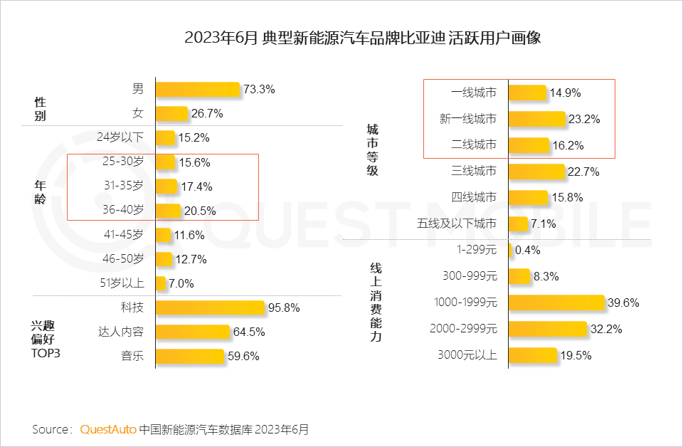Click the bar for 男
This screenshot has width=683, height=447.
coord(198,89)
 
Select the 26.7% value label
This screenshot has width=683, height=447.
coord(208,113)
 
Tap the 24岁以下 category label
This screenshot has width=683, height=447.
coord(120,137)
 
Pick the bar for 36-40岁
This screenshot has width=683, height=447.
coord(168,210)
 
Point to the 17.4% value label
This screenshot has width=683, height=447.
coord(196,186)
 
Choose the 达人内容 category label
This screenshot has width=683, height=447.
coord(120,332)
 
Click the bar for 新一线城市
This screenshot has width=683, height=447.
coord(537,119)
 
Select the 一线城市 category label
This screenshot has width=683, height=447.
coord(474,93)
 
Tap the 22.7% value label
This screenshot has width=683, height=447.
coord(584,172)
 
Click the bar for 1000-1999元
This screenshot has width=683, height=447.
coord(556,303)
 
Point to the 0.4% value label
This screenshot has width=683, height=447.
coord(527,250)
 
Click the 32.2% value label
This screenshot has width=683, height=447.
coord(605,329)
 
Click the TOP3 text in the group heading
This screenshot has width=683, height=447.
coord(45,352)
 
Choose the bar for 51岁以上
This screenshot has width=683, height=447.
coord(160,283)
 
